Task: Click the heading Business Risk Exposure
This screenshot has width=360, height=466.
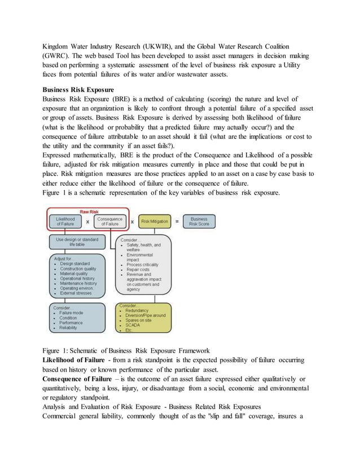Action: tap(78, 90)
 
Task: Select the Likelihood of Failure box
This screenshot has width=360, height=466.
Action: tap(65, 221)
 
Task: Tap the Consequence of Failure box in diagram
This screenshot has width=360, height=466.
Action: tap(110, 221)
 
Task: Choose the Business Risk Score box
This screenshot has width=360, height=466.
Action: tap(199, 221)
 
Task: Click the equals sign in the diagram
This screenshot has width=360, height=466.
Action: tap(177, 221)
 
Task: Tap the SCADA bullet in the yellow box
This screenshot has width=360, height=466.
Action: tap(133, 325)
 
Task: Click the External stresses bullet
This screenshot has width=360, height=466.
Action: tap(77, 293)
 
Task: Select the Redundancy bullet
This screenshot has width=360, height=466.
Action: tap(138, 310)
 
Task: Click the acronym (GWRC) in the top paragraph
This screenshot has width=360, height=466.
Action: tap(58, 56)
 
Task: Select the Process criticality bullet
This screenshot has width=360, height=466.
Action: tap(142, 264)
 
